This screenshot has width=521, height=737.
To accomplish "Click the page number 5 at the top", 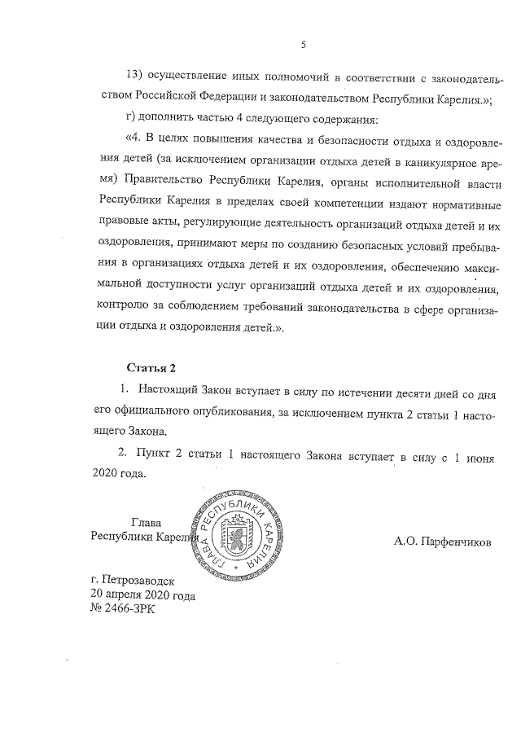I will click(x=302, y=44).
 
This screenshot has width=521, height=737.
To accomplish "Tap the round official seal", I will click(x=233, y=538).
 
